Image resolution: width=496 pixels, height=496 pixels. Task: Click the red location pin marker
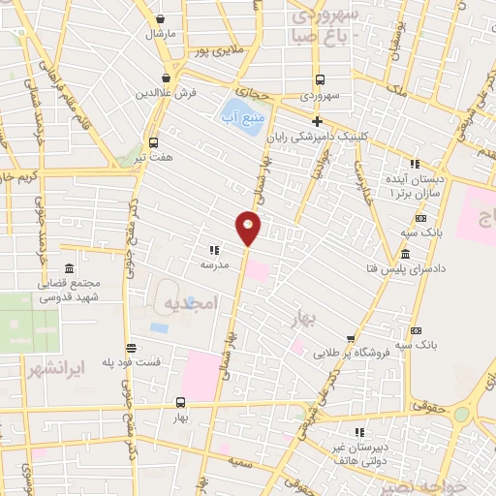point(248,228)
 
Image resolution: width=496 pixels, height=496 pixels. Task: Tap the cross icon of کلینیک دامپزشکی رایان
point(317,119)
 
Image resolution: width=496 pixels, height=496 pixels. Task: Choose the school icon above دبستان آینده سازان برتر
point(416,164)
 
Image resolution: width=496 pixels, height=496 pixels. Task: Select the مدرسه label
point(215,264)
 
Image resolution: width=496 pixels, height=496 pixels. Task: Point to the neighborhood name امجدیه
point(185,303)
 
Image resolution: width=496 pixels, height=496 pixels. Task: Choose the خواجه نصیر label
point(437,482)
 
